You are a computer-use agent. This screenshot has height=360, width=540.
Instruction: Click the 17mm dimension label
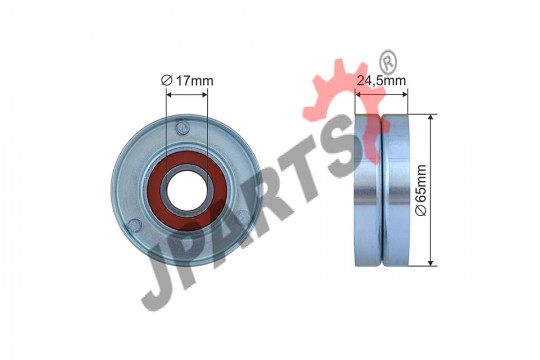[195, 81]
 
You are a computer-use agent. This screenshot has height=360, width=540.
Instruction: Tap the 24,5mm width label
[381, 81]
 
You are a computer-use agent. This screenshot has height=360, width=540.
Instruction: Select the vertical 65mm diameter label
[422, 190]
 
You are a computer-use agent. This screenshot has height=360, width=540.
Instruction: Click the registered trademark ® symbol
[388, 62]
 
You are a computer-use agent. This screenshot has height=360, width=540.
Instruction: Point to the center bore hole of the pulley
[187, 190]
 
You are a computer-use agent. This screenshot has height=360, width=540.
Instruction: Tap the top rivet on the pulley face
[183, 128]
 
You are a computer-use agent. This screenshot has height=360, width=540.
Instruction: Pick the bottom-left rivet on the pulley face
[134, 226]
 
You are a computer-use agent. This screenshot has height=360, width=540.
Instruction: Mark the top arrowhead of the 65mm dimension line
[430, 119]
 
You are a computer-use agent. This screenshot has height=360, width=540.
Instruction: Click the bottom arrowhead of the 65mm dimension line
[430, 261]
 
